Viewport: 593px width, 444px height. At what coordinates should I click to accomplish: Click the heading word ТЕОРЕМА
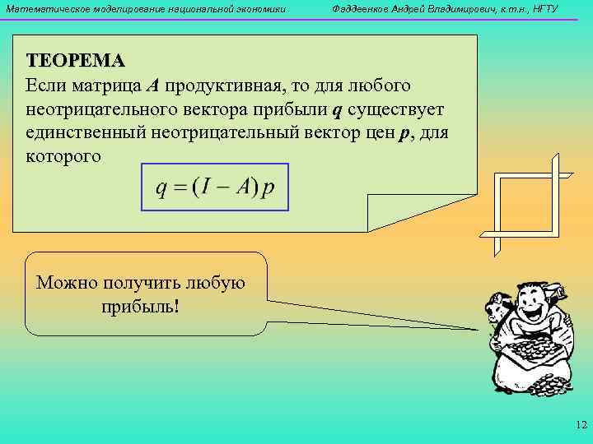point(75,61)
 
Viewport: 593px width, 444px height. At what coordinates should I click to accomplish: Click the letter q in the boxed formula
point(162,188)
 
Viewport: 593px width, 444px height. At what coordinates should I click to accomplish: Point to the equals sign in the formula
point(180,188)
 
